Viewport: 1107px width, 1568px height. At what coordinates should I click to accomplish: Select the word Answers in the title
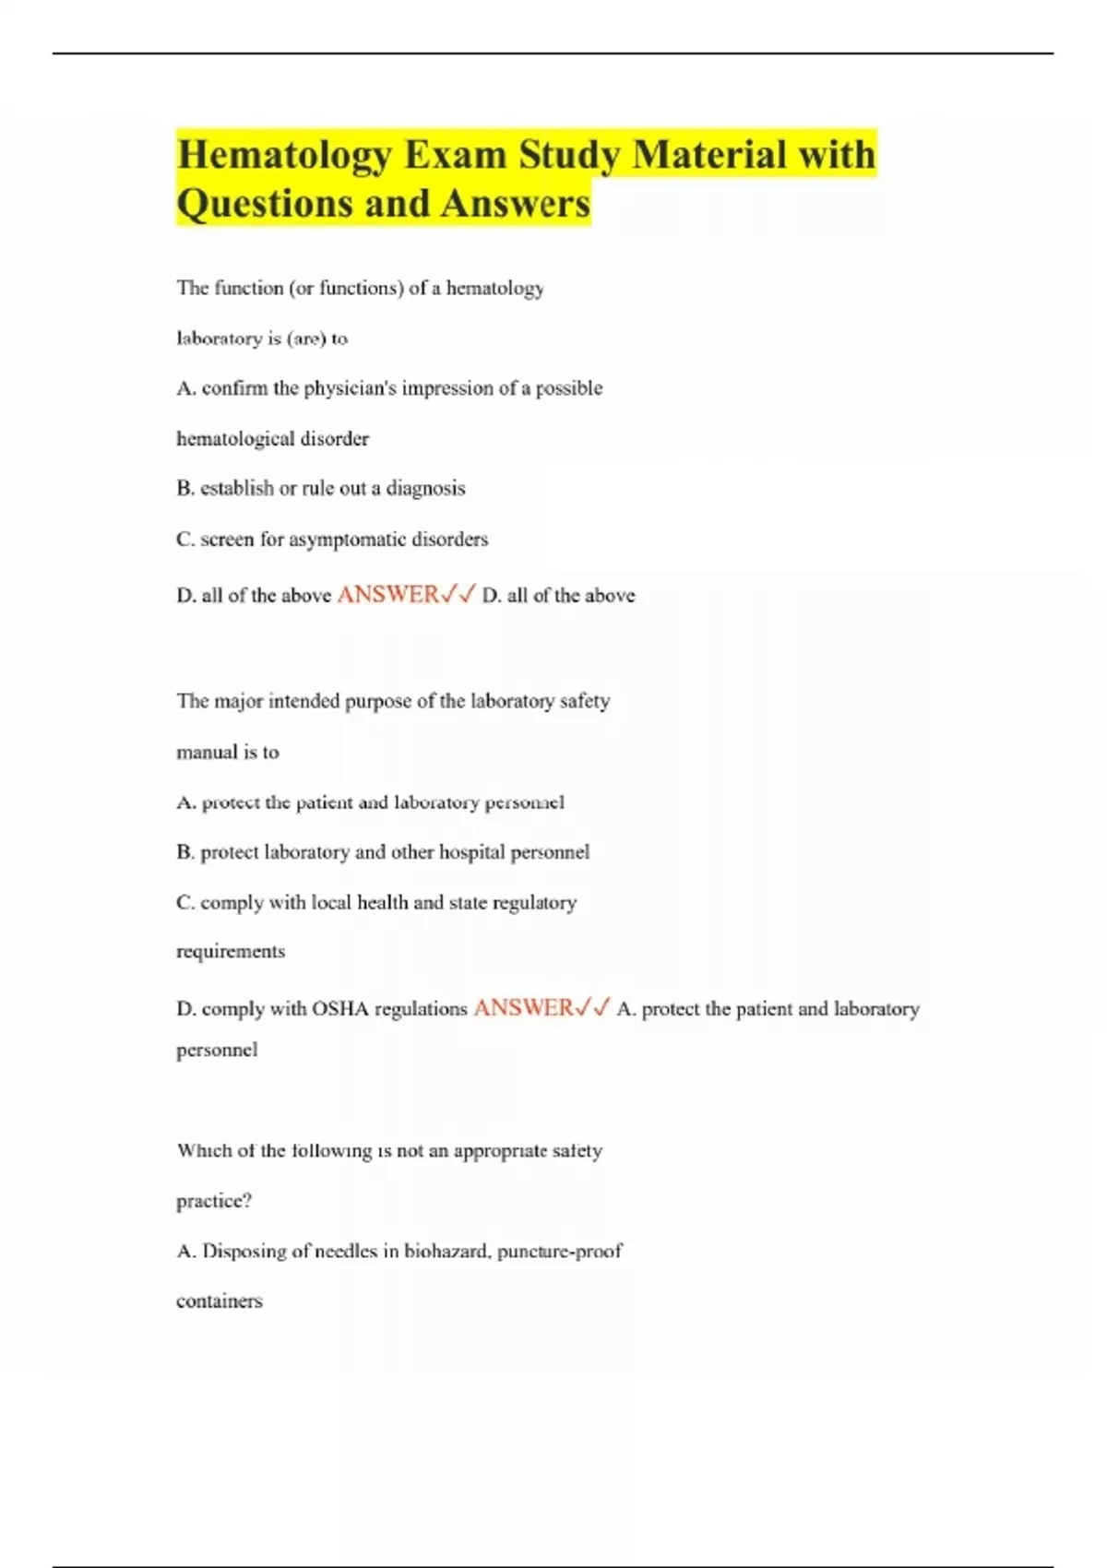(x=514, y=204)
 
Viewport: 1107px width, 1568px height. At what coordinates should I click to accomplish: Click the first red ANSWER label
(x=388, y=595)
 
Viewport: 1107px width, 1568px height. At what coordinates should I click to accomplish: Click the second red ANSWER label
(x=524, y=1008)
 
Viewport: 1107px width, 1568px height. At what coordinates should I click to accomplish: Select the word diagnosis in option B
(x=425, y=489)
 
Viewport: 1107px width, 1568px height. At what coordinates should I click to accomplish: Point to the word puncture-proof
(x=559, y=1252)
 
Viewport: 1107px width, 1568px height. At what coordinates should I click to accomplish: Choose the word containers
(x=220, y=1301)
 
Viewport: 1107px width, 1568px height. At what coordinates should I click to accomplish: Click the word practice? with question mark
(x=214, y=1201)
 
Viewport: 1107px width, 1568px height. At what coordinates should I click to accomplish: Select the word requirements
(x=231, y=952)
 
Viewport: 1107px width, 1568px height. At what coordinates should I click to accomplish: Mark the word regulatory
(x=534, y=903)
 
